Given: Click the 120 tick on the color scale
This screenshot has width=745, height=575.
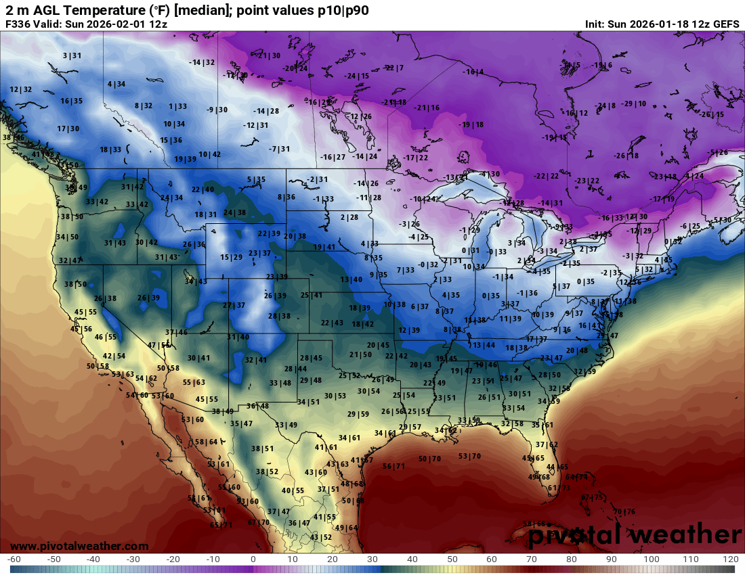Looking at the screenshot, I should tap(730, 560).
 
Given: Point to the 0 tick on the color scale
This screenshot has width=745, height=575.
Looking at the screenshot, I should tap(253, 560).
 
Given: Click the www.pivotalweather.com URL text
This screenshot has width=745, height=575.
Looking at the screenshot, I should tap(79, 546).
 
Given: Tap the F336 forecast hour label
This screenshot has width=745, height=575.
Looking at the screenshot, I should tap(20, 24).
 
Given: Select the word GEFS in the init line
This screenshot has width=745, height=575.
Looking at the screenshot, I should tap(725, 24).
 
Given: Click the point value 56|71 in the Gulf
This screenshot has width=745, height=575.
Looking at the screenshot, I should tap(393, 466).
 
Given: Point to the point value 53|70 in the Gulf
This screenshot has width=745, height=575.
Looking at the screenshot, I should tap(469, 456).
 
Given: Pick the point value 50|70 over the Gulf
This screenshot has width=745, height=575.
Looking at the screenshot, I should tap(429, 459).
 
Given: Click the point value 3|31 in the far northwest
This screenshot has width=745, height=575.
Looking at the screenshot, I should tap(72, 55).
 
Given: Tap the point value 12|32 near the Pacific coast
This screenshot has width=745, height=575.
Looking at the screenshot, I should tap(20, 89).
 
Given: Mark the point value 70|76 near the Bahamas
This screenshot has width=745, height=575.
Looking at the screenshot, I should tap(624, 511).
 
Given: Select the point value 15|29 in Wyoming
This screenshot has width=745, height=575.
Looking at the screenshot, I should tap(231, 257).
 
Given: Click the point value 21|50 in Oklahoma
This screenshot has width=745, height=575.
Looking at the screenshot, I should tap(360, 354).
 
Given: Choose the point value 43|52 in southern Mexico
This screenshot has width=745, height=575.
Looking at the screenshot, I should tap(321, 537).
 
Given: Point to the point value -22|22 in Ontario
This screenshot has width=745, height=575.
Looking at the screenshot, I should tap(546, 176).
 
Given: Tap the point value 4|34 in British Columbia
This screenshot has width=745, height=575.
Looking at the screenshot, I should tap(116, 84).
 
